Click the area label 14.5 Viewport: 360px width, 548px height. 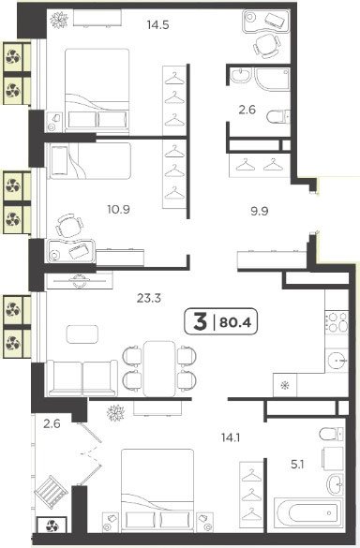pos(158,24)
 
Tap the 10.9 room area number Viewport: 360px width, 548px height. pos(119,209)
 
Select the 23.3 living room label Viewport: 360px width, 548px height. pos(149,298)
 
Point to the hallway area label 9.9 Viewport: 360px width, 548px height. pos(260,211)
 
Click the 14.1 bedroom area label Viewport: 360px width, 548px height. pos(231,437)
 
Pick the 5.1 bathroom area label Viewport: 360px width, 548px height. pos(297,465)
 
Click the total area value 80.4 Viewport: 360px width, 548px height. pos(235,322)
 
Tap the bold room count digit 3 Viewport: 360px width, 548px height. pos(200,321)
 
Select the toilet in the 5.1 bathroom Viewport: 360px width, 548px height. pos(331,434)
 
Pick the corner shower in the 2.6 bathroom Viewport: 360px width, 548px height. pos(273,80)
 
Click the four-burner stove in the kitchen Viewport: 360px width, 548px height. pos(337,322)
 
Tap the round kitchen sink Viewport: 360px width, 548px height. pos(337,360)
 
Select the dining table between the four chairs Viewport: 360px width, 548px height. pos(159,368)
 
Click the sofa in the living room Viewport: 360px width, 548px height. pos(82,378)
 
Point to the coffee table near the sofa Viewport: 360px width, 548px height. pos(82,334)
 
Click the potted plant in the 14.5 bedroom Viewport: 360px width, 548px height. pos(59,20)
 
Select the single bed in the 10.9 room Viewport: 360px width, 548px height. pos(90,161)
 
